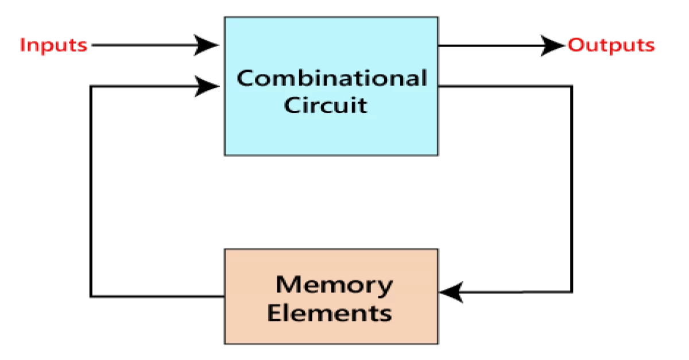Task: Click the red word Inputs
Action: (53, 45)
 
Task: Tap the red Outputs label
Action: (611, 45)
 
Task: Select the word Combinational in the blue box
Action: (331, 78)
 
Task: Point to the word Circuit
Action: (326, 105)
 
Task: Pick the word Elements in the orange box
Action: (330, 313)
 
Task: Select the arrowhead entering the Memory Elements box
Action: (452, 292)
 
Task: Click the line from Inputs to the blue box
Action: (144, 45)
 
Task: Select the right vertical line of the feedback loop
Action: (572, 189)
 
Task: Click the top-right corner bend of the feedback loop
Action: (572, 87)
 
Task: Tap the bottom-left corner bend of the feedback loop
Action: (91, 296)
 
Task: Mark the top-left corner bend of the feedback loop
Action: (91, 87)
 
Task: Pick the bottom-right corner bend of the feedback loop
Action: (572, 292)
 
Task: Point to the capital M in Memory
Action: (288, 284)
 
